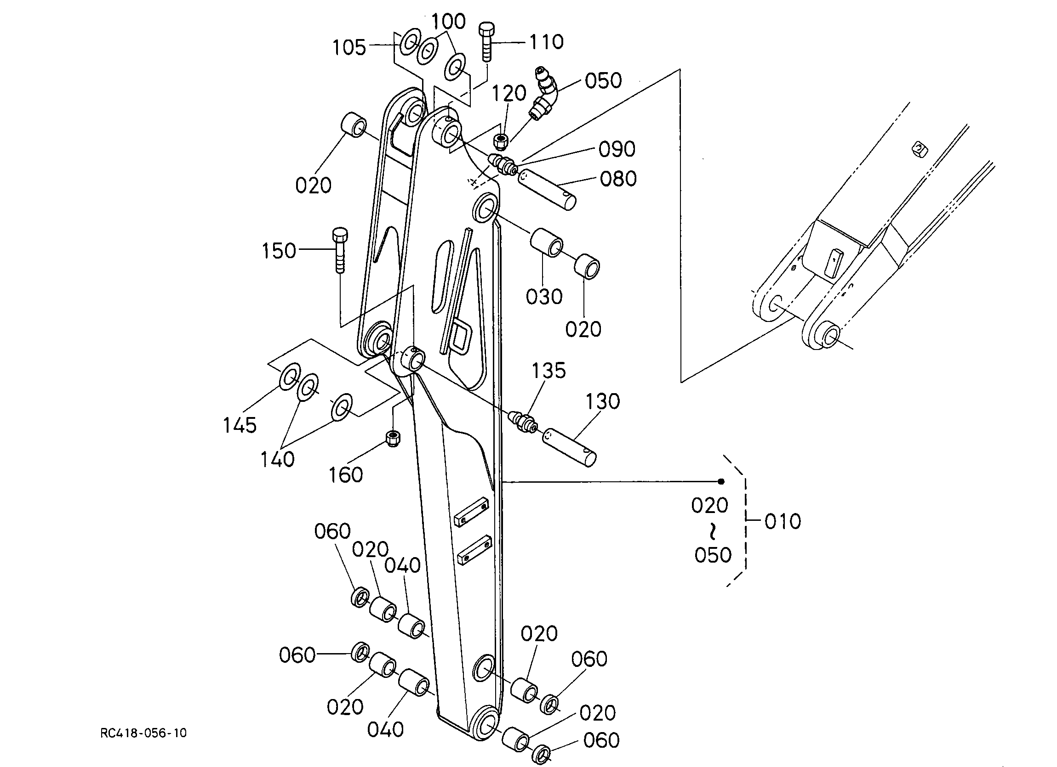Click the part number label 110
click(547, 42)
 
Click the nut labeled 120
click(501, 141)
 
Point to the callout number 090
click(617, 149)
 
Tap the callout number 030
click(544, 297)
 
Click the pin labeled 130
click(570, 447)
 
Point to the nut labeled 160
click(394, 438)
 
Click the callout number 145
click(240, 425)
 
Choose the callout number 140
click(277, 459)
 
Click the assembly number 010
click(783, 521)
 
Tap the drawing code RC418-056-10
click(143, 733)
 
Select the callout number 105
click(349, 47)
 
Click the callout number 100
click(448, 22)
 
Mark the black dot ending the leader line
click(721, 481)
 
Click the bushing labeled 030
click(546, 242)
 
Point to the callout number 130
click(603, 401)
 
